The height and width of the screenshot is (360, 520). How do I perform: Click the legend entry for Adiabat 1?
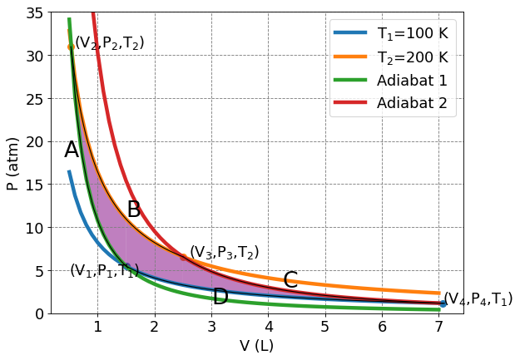tap(391, 81)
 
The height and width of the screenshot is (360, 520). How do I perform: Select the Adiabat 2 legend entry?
tap(391, 103)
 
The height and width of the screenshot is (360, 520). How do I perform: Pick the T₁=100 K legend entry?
tap(391, 33)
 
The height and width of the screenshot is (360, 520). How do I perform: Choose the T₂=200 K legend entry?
tap(391, 57)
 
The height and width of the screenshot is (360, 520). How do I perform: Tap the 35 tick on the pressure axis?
tap(34, 13)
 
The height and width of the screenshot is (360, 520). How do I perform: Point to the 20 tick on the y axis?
tap(34, 142)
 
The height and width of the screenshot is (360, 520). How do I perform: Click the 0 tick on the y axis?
tap(39, 314)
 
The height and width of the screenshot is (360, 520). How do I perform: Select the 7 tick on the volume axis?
tap(438, 327)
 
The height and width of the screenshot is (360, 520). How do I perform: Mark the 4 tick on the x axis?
tap(269, 327)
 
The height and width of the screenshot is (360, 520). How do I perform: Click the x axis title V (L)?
tap(257, 346)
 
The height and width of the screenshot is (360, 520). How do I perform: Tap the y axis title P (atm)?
tap(12, 164)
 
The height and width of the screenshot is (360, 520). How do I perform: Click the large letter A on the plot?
tap(72, 150)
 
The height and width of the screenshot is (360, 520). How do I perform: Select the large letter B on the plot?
tap(134, 210)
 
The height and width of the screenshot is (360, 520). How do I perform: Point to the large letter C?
tap(290, 280)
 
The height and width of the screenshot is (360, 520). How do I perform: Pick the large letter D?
tap(220, 297)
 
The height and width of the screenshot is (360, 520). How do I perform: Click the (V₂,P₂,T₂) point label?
tap(110, 42)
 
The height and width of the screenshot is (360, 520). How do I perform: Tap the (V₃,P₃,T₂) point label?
tap(225, 252)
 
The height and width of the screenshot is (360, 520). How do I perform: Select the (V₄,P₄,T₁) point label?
tap(478, 299)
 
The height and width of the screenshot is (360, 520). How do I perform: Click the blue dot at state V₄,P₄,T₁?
tap(443, 303)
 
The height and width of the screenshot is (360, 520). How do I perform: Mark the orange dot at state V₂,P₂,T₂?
tap(71, 47)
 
